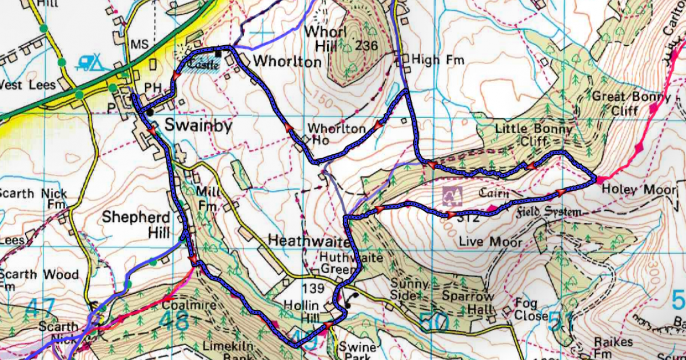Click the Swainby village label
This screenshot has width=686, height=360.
click(x=198, y=125)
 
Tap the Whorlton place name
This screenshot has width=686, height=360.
click(x=287, y=61)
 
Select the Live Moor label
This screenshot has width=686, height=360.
click(x=490, y=242)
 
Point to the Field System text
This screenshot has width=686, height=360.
click(x=549, y=213)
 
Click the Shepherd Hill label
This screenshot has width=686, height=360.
click(x=136, y=225)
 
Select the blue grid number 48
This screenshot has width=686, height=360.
click(x=174, y=320)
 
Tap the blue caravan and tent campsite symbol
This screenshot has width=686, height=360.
click(x=90, y=61)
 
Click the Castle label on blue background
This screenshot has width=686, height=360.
click(x=200, y=65)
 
